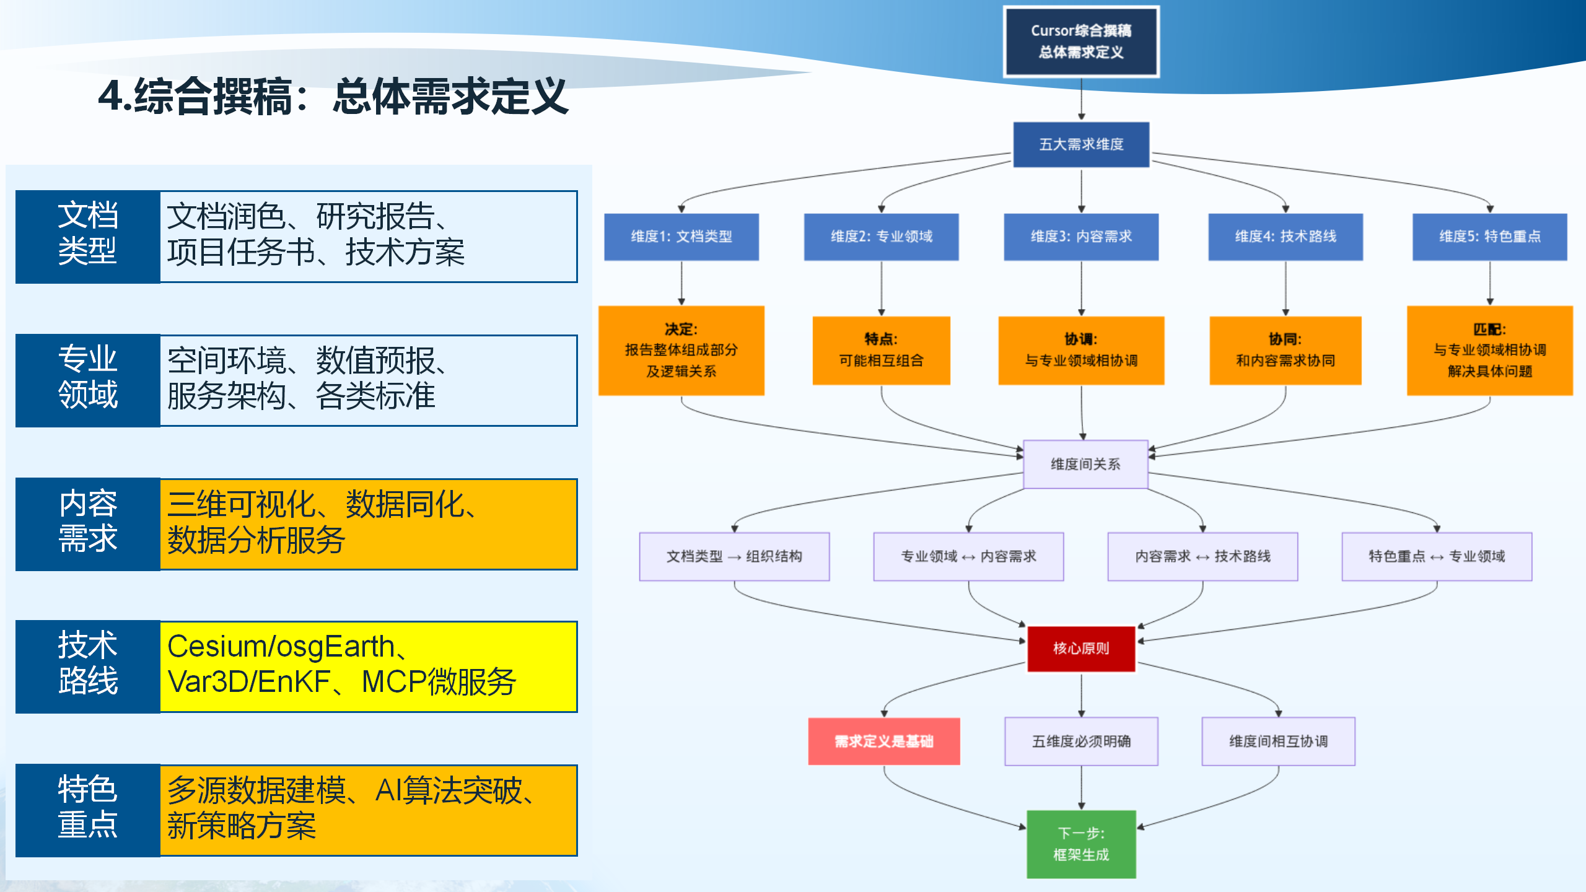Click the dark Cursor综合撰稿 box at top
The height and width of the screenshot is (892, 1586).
pos(1081,42)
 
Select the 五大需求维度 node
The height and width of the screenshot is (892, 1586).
pos(1081,144)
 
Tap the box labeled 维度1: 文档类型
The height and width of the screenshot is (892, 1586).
pos(681,237)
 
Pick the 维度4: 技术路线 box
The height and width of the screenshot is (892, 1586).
pos(1285,237)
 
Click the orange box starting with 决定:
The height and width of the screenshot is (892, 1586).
pos(681,350)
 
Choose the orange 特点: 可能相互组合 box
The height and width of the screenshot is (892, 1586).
pos(881,350)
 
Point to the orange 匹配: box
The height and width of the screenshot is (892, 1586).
pos(1489,350)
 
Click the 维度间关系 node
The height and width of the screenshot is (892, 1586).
pos(1085,464)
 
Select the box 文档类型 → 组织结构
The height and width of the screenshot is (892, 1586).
pos(734,556)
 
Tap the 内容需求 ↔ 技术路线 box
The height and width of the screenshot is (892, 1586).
pos(1202,556)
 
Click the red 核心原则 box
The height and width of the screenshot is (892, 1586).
pos(1081,649)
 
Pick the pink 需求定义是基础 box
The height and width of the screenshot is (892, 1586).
pos(883,741)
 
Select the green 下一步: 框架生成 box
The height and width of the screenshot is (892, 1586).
pos(1081,844)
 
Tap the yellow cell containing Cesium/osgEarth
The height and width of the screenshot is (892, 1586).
pos(368,667)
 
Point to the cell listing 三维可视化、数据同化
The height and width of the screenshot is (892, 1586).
pos(368,523)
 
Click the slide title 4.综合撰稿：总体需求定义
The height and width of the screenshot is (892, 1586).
pos(333,97)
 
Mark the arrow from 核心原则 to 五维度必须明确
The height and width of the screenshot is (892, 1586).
pos(1081,694)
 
